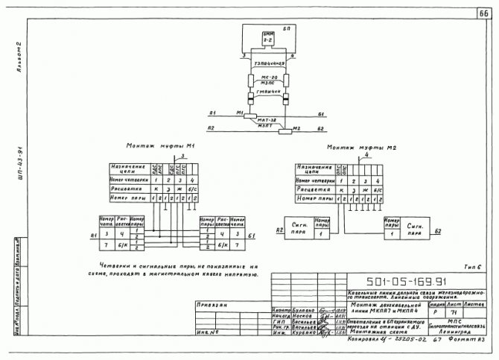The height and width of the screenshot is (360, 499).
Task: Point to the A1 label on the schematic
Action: pos(213,114)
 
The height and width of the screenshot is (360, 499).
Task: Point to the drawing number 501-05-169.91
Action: pos(408,282)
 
